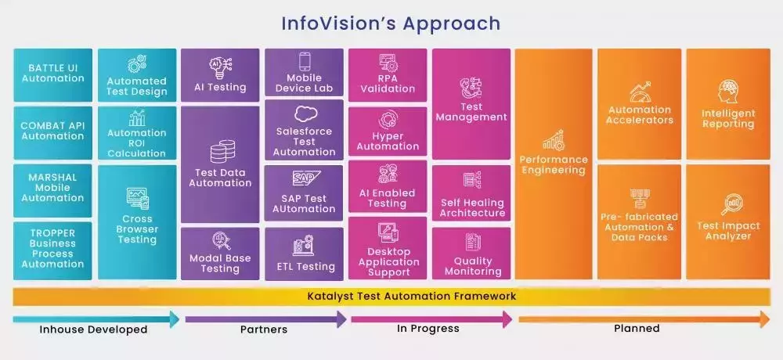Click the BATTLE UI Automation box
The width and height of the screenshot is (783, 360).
pyautogui.click(x=53, y=75)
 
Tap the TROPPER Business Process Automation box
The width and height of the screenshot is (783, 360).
pyautogui.click(x=53, y=250)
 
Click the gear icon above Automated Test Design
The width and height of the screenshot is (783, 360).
pyautogui.click(x=136, y=64)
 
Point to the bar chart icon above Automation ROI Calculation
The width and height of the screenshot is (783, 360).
pyautogui.click(x=137, y=118)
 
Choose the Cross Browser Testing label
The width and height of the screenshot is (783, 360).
pyautogui.click(x=137, y=229)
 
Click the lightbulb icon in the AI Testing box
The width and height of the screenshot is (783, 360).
pyautogui.click(x=220, y=68)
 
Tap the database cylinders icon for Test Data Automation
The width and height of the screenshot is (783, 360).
pyautogui.click(x=222, y=151)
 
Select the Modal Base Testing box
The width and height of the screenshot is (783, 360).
pyautogui.click(x=220, y=254)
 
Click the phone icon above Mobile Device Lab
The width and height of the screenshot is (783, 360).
pyautogui.click(x=305, y=61)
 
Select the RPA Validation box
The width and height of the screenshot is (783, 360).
pyautogui.click(x=388, y=75)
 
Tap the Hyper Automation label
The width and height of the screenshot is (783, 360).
pyautogui.click(x=388, y=142)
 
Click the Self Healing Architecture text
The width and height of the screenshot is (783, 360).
pyautogui.click(x=472, y=207)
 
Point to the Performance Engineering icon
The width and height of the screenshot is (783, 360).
pyautogui.click(x=554, y=141)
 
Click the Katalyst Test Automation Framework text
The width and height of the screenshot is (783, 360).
pyautogui.click(x=412, y=296)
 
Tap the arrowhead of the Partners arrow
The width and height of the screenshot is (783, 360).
pyautogui.click(x=341, y=319)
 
